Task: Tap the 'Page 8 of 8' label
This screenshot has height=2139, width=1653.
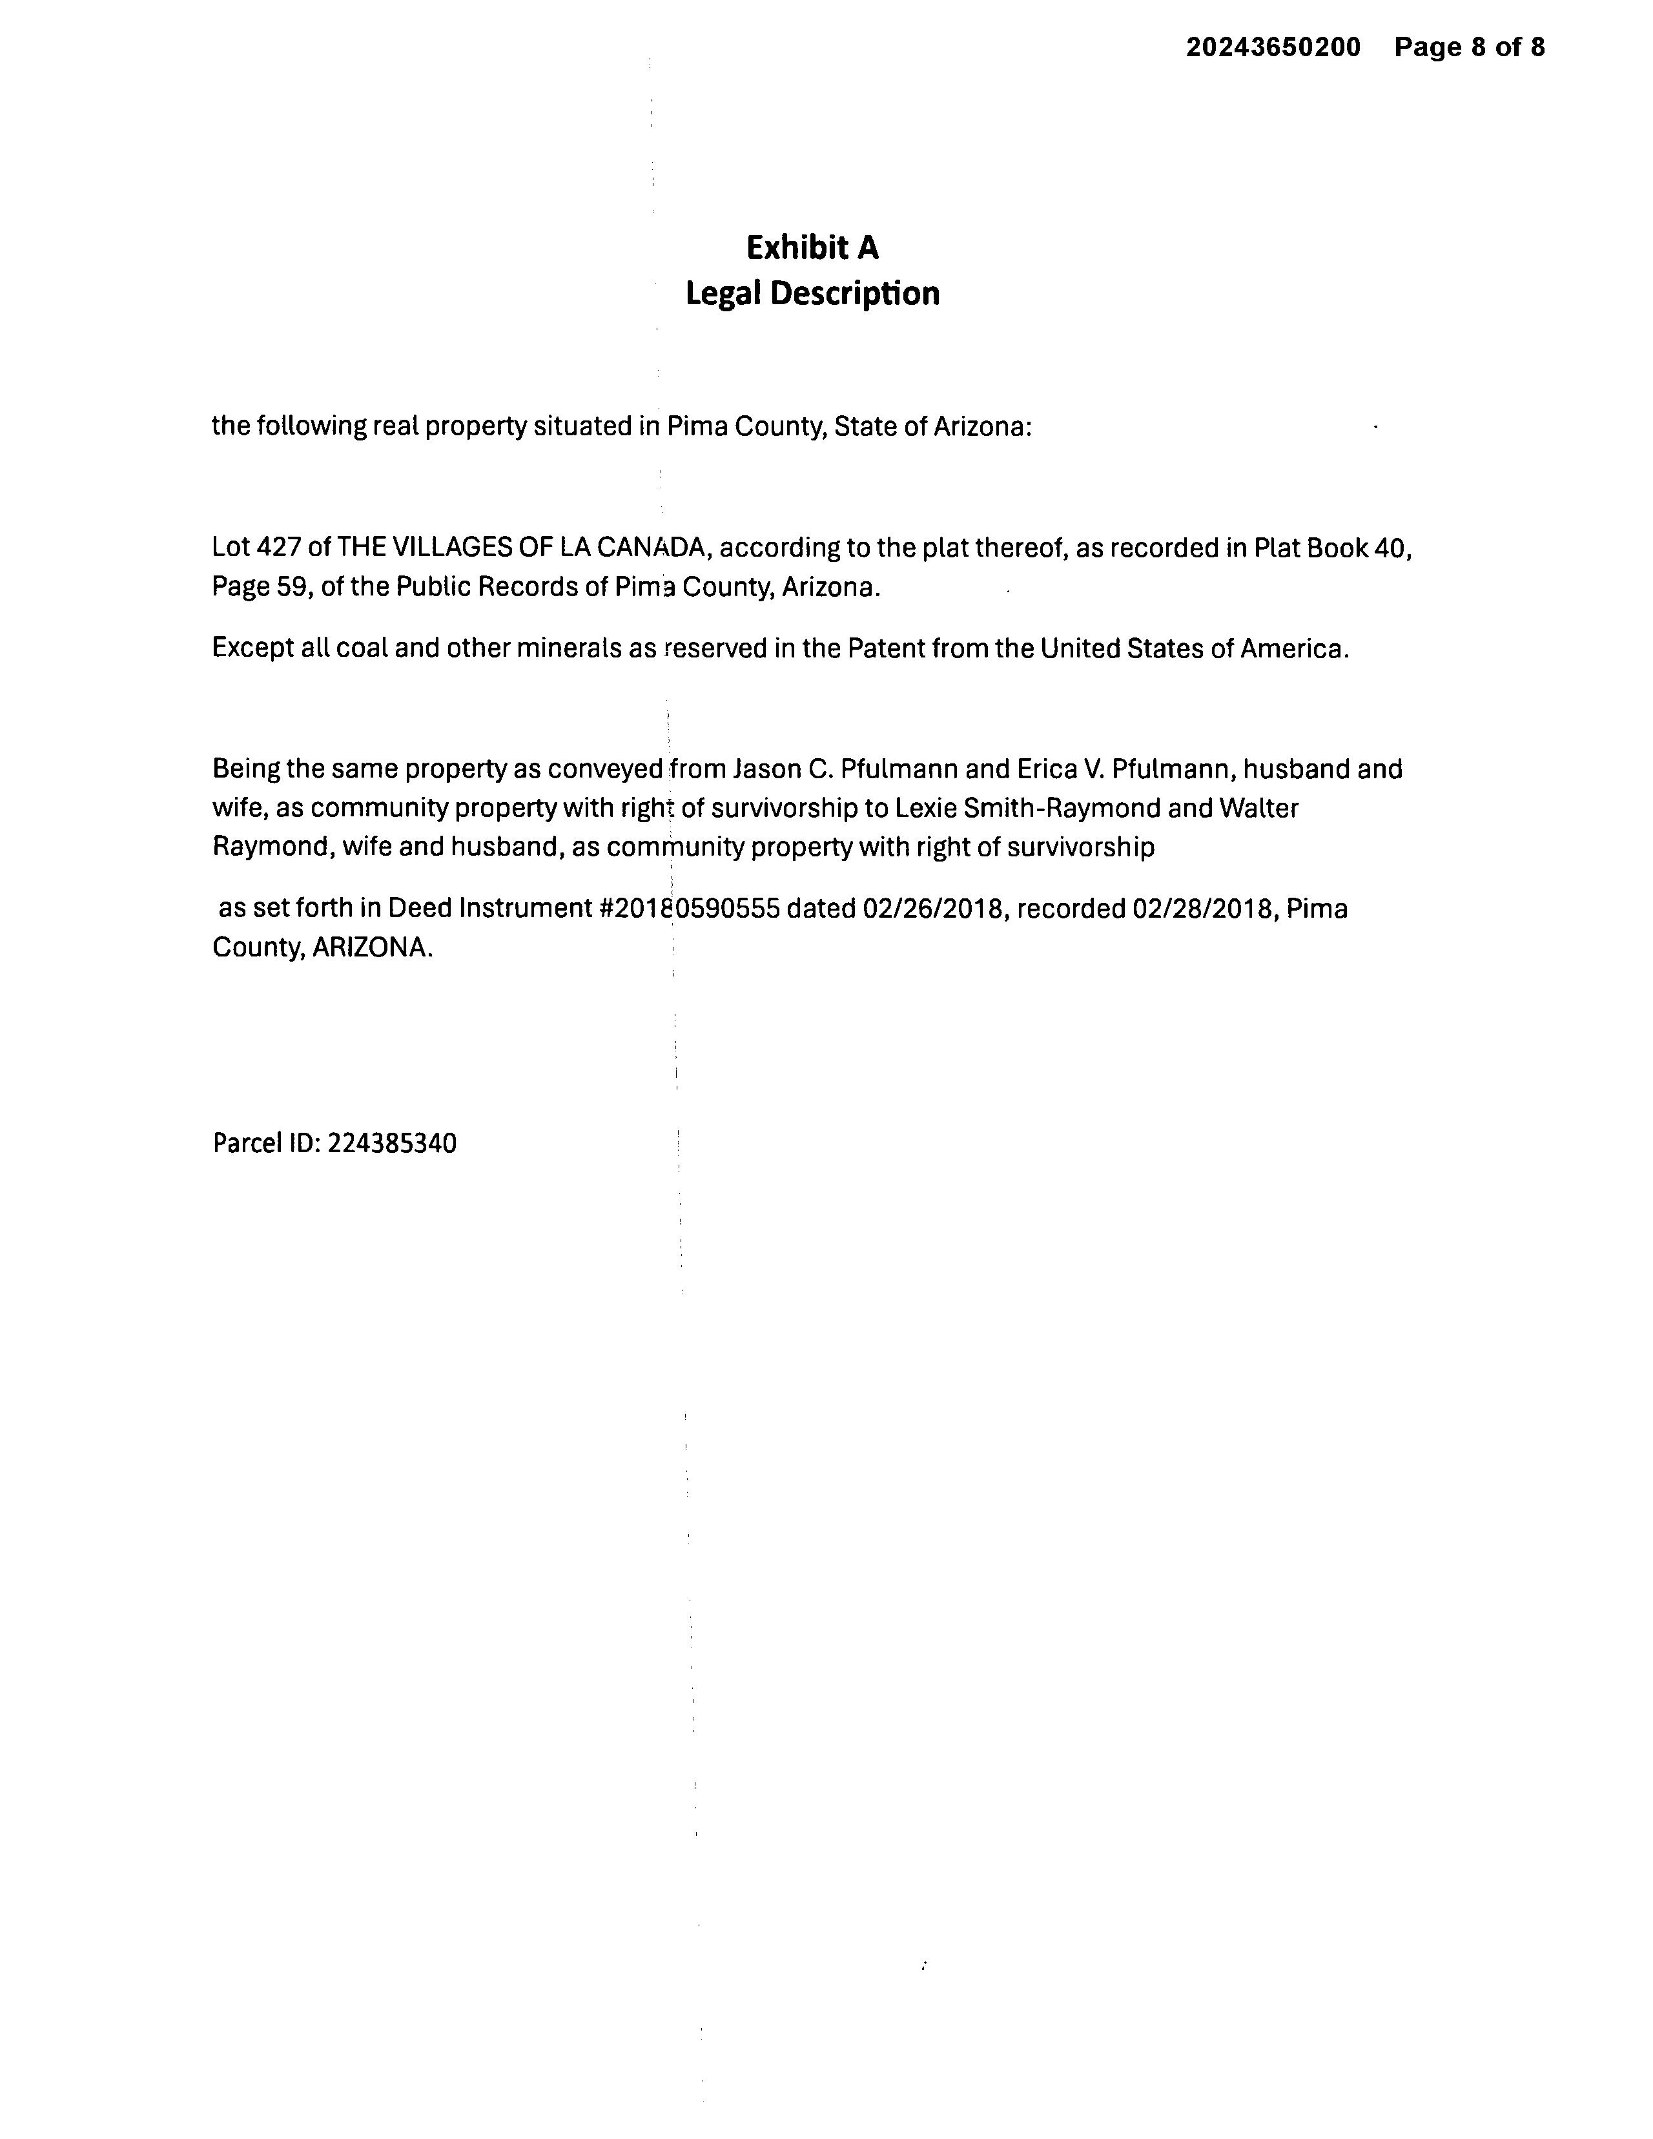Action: (1469, 47)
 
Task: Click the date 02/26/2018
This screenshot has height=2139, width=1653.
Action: (933, 909)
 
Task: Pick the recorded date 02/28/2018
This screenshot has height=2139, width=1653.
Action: (1204, 909)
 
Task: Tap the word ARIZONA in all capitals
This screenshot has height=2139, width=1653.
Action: (371, 948)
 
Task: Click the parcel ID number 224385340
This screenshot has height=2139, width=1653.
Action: (392, 1144)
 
